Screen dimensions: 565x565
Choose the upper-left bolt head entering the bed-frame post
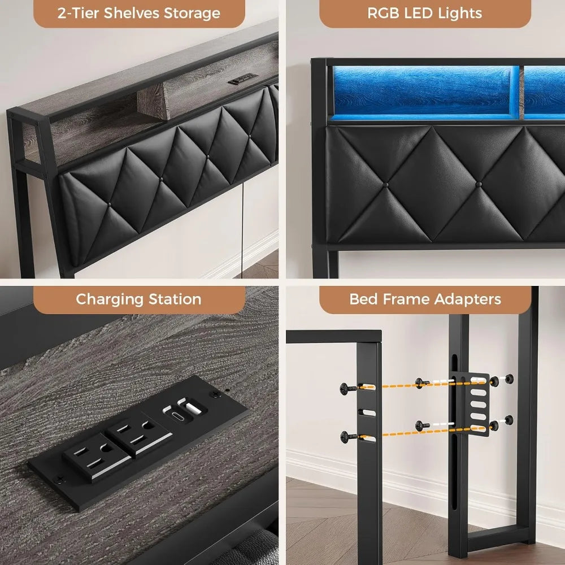pos(344,388)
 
